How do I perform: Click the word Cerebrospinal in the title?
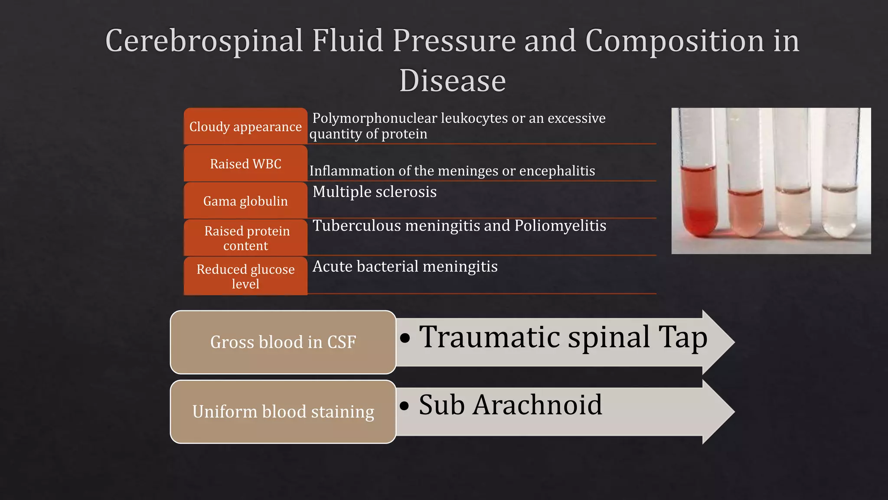204,41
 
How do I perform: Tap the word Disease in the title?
452,81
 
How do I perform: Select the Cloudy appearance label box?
245,126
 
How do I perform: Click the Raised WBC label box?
245,164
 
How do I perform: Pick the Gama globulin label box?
245,201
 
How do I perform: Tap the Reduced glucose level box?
245,276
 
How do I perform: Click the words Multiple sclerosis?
374,192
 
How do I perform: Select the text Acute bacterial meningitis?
405,266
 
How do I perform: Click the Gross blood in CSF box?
283,342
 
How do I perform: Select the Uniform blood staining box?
283,411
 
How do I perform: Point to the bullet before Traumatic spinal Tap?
405,338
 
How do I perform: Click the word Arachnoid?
537,405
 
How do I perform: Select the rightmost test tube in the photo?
840,208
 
